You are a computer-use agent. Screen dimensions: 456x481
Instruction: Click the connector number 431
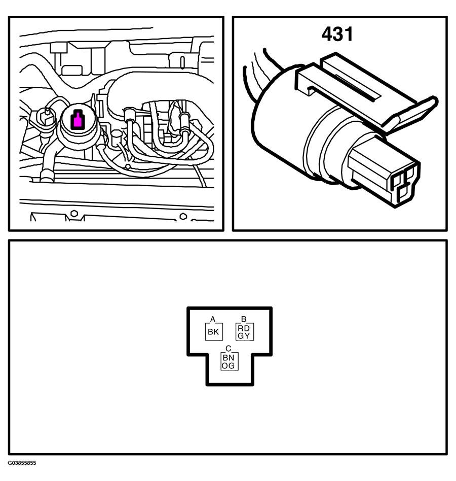pos(337,34)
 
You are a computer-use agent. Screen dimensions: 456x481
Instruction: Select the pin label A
pos(213,319)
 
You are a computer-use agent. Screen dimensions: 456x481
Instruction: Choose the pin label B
pos(244,319)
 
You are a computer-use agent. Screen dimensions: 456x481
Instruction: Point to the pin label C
pos(228,349)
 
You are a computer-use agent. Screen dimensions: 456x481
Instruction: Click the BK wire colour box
pos(214,332)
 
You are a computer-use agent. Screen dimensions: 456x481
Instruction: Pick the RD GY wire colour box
pos(244,332)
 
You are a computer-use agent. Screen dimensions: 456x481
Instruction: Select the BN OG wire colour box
pos(229,361)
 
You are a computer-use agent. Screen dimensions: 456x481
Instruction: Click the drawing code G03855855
pos(22,463)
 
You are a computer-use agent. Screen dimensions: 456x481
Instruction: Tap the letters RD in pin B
pos(244,328)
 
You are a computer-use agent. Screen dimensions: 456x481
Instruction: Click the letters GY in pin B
pos(244,336)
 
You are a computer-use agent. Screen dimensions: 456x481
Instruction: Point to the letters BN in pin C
pos(229,357)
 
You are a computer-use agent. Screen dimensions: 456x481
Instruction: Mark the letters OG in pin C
pos(229,366)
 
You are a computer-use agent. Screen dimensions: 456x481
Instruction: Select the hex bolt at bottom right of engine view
pos(183,216)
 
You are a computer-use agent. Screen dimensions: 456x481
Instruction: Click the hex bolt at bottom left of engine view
pos(74,213)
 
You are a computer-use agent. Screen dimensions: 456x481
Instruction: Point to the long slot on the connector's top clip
pos(358,87)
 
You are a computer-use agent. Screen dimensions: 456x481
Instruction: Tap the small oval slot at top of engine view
pos(182,62)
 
